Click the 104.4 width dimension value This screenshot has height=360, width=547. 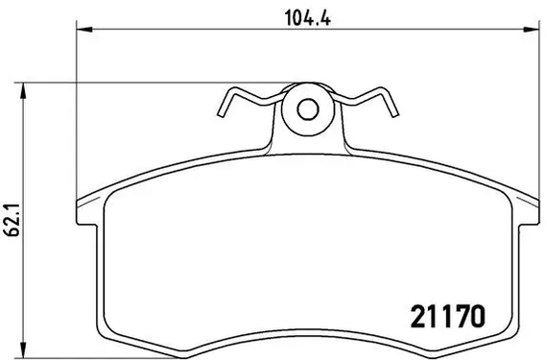(x=308, y=18)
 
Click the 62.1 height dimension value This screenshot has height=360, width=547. (x=14, y=220)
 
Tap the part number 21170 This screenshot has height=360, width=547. (x=448, y=317)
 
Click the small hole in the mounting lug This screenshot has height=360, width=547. (x=308, y=109)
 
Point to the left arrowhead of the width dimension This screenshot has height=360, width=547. (x=84, y=30)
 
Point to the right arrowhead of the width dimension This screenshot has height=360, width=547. (x=531, y=30)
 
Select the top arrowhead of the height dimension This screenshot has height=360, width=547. (x=23, y=91)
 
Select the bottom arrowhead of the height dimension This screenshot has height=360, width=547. (x=23, y=349)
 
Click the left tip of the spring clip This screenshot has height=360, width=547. (x=221, y=113)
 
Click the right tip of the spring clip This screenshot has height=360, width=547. (x=395, y=113)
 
